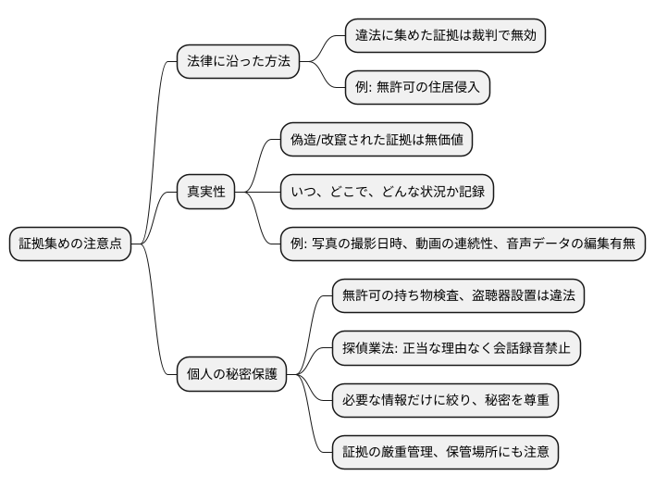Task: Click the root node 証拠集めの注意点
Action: click(70, 244)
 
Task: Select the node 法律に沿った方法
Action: click(239, 62)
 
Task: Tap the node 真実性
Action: click(205, 193)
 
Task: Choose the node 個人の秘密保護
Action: click(231, 375)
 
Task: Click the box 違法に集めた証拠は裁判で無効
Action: click(445, 36)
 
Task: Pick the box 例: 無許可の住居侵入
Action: click(416, 88)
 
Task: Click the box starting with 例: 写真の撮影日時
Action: click(463, 244)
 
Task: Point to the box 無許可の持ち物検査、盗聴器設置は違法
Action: click(458, 296)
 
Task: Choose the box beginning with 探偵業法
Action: click(457, 348)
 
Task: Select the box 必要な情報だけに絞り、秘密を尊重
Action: click(447, 401)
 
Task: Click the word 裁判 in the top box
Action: click(480, 36)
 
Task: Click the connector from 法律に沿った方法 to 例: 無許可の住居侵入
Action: click(327, 78)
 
